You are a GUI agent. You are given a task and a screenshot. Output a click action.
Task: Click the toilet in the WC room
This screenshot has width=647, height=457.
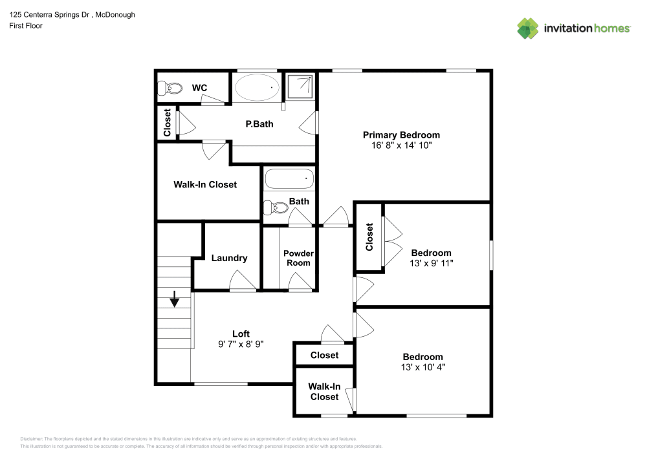click(170, 88)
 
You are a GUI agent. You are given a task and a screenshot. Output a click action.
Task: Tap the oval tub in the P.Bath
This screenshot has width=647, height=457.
click(257, 87)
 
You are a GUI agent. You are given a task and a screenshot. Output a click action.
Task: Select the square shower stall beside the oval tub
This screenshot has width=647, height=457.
click(300, 87)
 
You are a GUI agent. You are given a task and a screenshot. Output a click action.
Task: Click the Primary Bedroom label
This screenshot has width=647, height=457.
click(401, 134)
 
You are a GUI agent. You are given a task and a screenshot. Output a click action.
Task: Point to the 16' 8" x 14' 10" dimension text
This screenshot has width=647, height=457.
click(401, 145)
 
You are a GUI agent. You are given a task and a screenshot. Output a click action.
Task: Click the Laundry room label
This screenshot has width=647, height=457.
click(230, 259)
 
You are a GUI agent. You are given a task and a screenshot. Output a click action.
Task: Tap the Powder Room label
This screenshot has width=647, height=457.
click(298, 258)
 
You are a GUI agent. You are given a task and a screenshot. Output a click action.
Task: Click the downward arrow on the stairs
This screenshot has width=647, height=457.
click(175, 299)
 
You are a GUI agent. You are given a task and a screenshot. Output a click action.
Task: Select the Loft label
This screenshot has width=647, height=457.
click(241, 334)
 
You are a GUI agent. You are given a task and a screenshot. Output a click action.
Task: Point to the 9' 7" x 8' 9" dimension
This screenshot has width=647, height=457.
click(241, 344)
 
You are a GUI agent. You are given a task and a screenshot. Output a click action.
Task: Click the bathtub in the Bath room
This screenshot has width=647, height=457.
click(289, 179)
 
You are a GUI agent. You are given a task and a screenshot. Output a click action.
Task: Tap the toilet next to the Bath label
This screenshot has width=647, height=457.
click(276, 207)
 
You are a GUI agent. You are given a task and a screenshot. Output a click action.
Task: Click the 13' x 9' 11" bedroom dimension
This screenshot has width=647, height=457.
click(431, 263)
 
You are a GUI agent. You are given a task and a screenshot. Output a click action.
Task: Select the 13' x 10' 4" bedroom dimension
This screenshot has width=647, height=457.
click(423, 367)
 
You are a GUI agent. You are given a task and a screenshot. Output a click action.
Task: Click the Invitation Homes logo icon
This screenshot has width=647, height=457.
click(528, 28)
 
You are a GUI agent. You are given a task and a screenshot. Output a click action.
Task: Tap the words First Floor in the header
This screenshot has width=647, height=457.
click(26, 26)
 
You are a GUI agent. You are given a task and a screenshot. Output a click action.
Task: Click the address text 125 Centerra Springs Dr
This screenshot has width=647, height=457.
click(50, 15)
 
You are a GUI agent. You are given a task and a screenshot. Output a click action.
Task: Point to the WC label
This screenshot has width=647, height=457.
click(199, 88)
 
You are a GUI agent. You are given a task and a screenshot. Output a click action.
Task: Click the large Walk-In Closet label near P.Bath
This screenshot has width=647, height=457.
click(205, 185)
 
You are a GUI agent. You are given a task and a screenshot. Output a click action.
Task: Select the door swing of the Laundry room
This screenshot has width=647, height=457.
click(243, 281)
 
